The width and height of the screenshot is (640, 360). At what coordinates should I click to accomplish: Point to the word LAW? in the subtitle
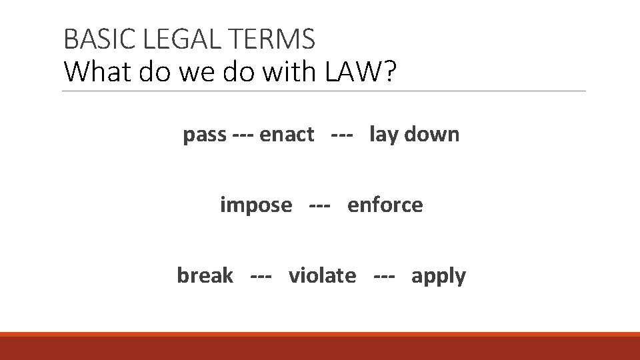pyautogui.click(x=361, y=71)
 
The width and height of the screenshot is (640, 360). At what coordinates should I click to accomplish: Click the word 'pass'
pyautogui.click(x=205, y=135)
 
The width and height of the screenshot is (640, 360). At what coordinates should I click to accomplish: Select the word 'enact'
pyautogui.click(x=287, y=135)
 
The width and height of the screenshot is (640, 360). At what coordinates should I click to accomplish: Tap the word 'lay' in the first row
pyautogui.click(x=383, y=135)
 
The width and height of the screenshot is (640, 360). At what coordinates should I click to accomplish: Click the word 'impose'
pyautogui.click(x=256, y=206)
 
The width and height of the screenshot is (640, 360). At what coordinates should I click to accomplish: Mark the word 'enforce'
pyautogui.click(x=385, y=205)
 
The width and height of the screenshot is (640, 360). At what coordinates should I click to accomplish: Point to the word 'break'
pyautogui.click(x=205, y=275)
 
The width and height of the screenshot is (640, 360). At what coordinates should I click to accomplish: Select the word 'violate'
pyautogui.click(x=322, y=275)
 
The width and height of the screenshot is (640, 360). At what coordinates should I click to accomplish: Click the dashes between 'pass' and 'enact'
pyautogui.click(x=243, y=135)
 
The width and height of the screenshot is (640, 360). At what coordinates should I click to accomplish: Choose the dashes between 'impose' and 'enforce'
pyautogui.click(x=320, y=206)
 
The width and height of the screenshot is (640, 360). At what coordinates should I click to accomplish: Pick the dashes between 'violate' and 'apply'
pyautogui.click(x=384, y=276)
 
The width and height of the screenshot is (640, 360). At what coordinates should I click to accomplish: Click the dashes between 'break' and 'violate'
pyautogui.click(x=261, y=276)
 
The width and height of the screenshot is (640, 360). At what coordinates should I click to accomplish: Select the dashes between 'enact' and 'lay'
pyautogui.click(x=341, y=135)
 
